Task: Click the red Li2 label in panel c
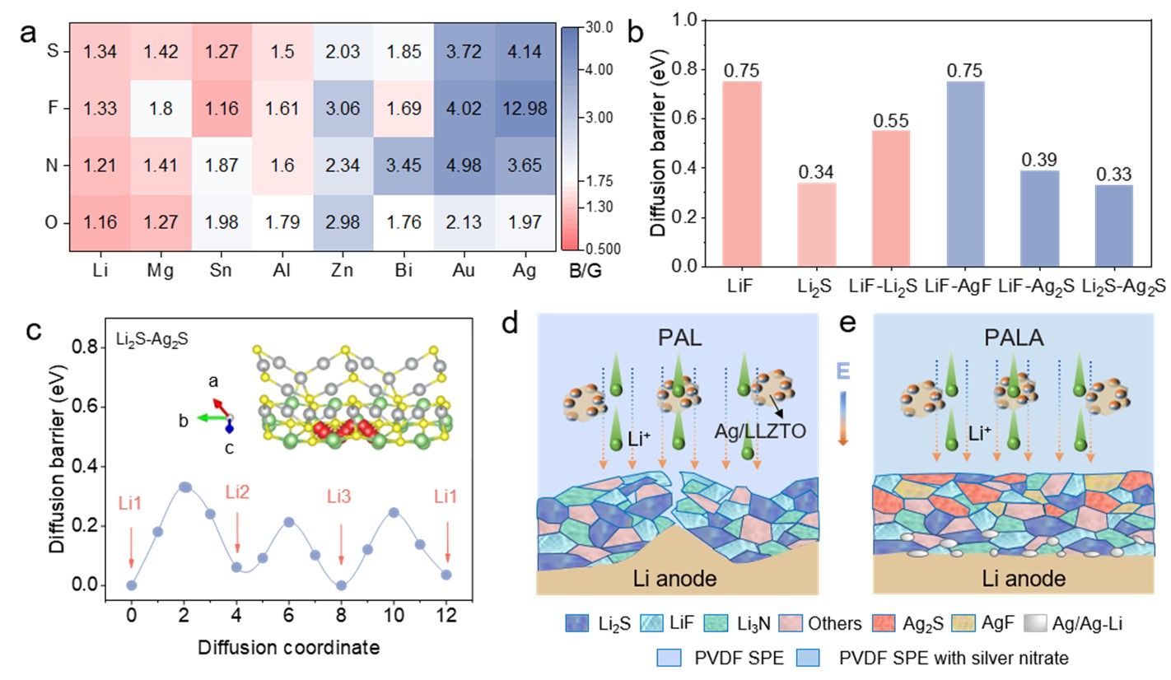(237, 493)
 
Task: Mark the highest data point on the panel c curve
(185, 487)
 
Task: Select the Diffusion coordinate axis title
(288, 647)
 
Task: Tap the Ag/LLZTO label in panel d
(752, 427)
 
